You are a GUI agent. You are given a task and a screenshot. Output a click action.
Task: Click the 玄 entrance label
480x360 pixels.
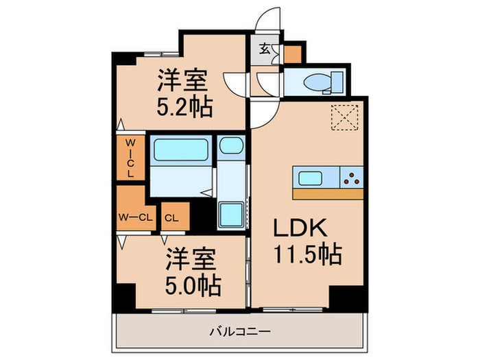(265, 49)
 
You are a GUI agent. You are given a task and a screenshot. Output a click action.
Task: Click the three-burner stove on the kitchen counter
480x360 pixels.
(352, 178)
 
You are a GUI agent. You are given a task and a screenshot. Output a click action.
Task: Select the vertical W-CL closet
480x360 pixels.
(130, 158)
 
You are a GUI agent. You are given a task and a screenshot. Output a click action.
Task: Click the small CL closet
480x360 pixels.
(172, 218)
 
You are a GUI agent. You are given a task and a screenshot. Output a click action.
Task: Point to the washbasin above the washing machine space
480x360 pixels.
(231, 146)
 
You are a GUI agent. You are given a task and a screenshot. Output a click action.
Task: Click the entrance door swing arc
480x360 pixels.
(268, 20)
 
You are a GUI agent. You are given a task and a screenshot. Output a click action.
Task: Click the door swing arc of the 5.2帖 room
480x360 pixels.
(237, 86)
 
